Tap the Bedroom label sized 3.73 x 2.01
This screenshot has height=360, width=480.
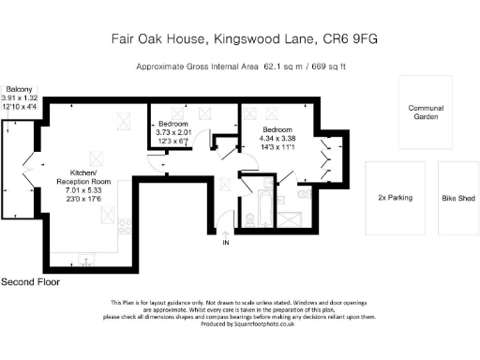tap(172, 125)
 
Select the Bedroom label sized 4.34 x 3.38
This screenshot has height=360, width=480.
tap(280, 129)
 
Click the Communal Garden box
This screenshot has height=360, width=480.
tap(426, 112)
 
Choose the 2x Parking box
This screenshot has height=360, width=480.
tap(395, 199)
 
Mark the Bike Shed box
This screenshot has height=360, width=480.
tap(457, 199)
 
